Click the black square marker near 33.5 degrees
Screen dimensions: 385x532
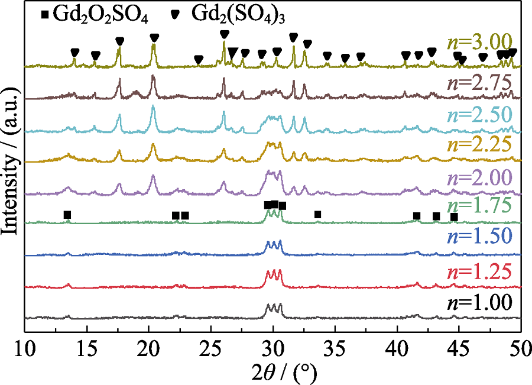pos(318,214)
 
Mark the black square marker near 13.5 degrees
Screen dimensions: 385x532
pos(67,215)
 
